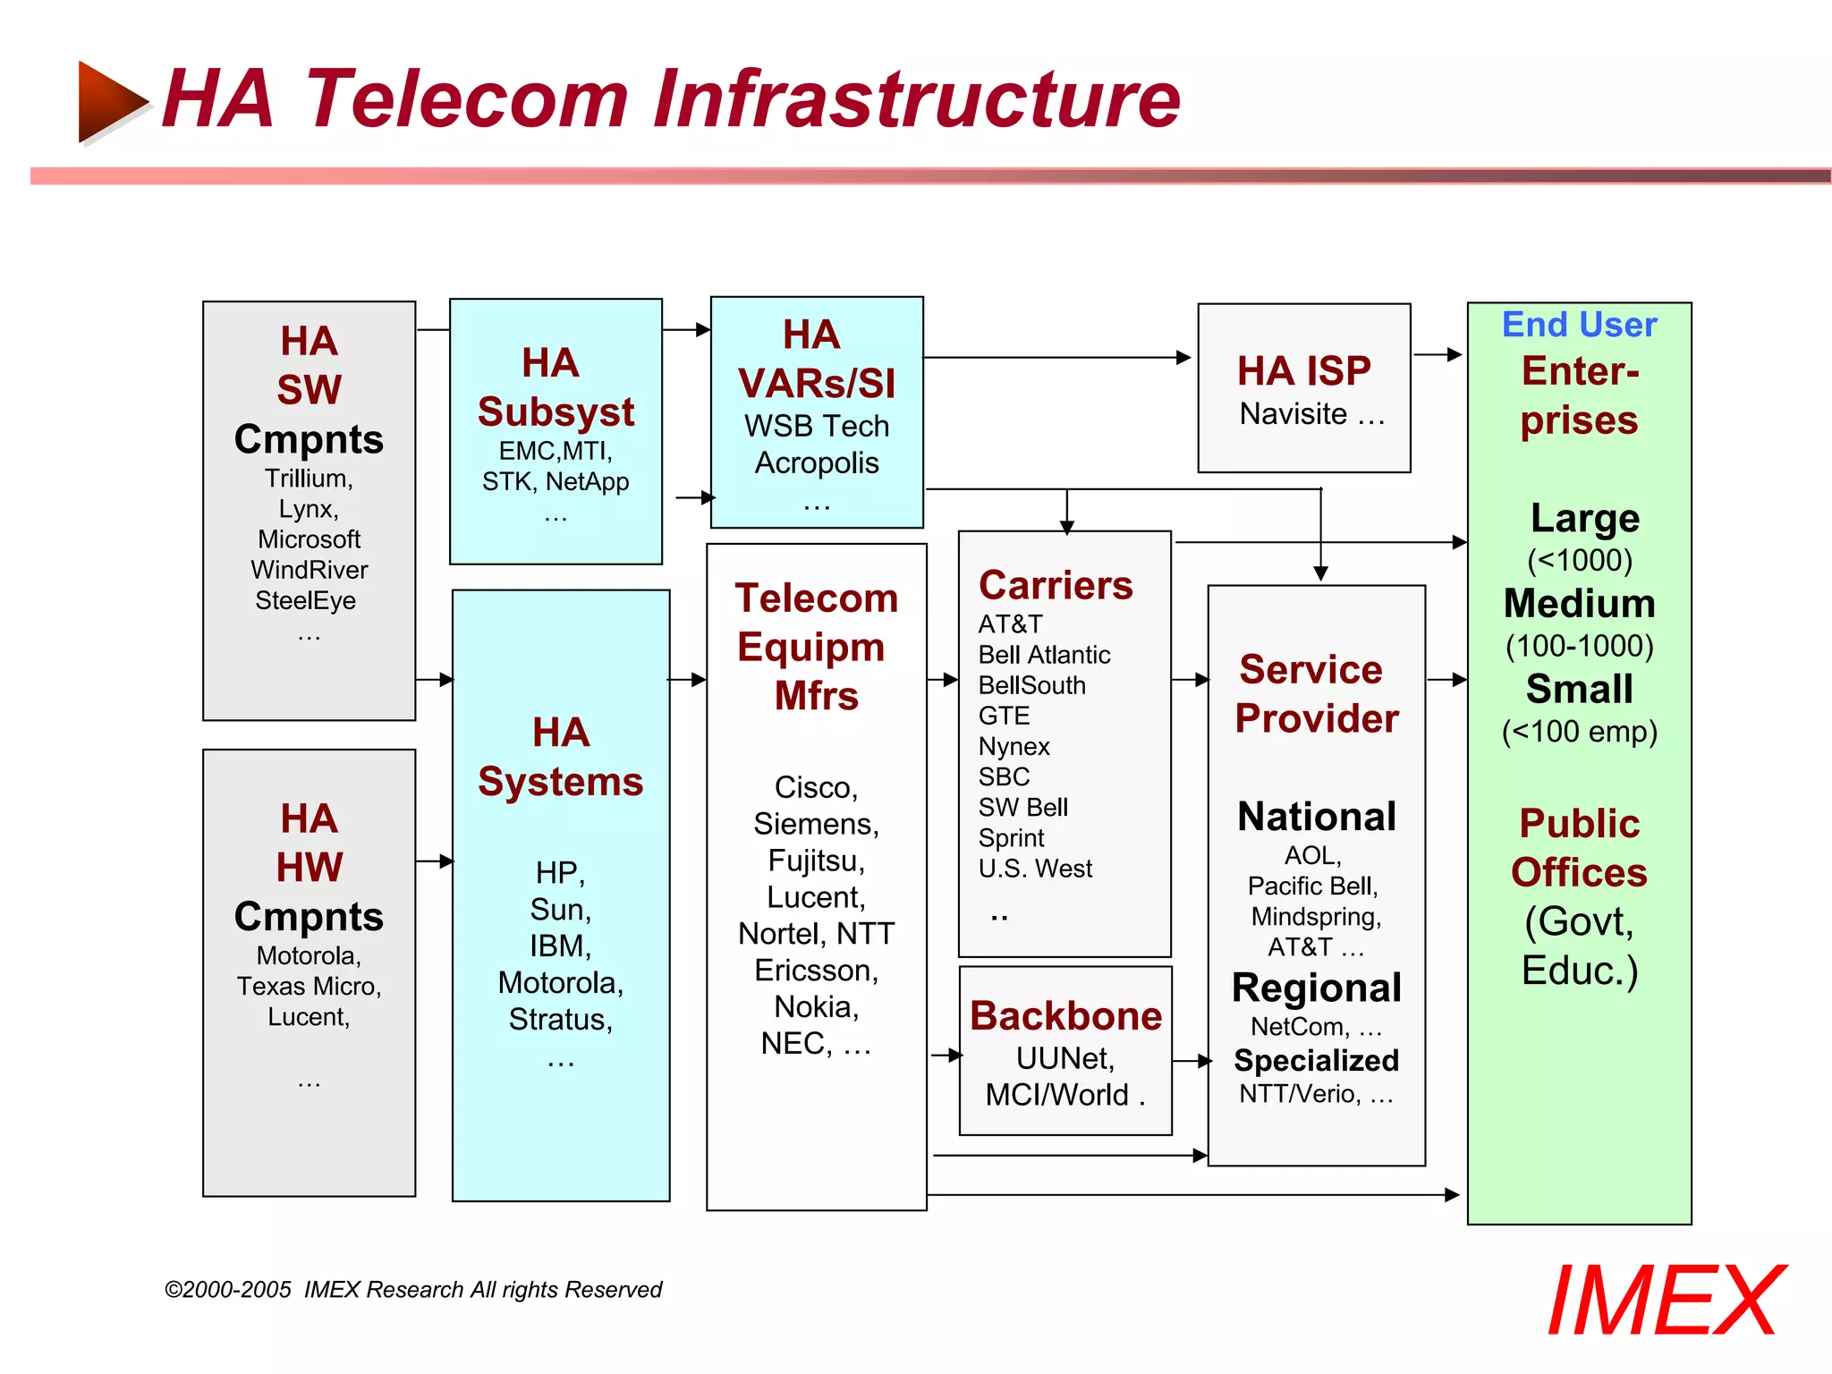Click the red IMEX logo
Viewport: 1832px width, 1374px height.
(1666, 1301)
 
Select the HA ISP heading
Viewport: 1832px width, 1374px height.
(1303, 370)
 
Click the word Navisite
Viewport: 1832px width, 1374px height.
(1293, 414)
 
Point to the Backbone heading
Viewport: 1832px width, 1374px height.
(1065, 1016)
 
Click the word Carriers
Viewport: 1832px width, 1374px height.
(1056, 586)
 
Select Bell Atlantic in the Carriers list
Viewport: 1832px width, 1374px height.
(1044, 655)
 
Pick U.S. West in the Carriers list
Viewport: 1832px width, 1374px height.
(1035, 869)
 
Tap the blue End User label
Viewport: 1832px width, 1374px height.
(1579, 325)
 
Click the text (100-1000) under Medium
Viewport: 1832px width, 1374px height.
(1579, 646)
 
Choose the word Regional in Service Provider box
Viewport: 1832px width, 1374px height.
(1316, 988)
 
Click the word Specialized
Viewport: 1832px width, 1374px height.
(1316, 1060)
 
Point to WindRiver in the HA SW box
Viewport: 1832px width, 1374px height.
(310, 570)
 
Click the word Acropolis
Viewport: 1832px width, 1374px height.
(816, 463)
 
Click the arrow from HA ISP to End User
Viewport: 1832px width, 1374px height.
(1438, 355)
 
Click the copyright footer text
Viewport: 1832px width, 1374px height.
(413, 1290)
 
